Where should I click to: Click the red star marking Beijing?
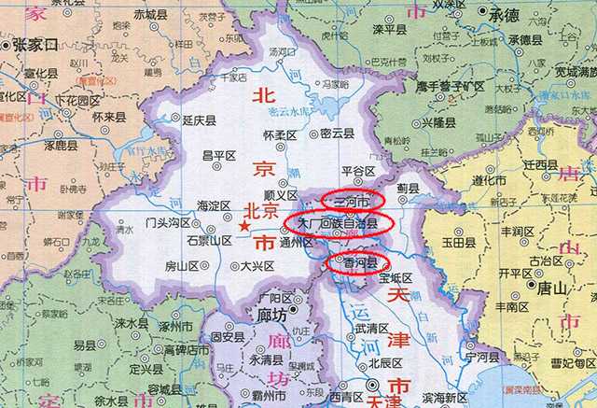coord(244,225)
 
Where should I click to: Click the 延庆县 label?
coord(199,120)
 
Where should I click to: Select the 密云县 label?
coord(338,134)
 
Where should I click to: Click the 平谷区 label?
coord(357,172)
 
